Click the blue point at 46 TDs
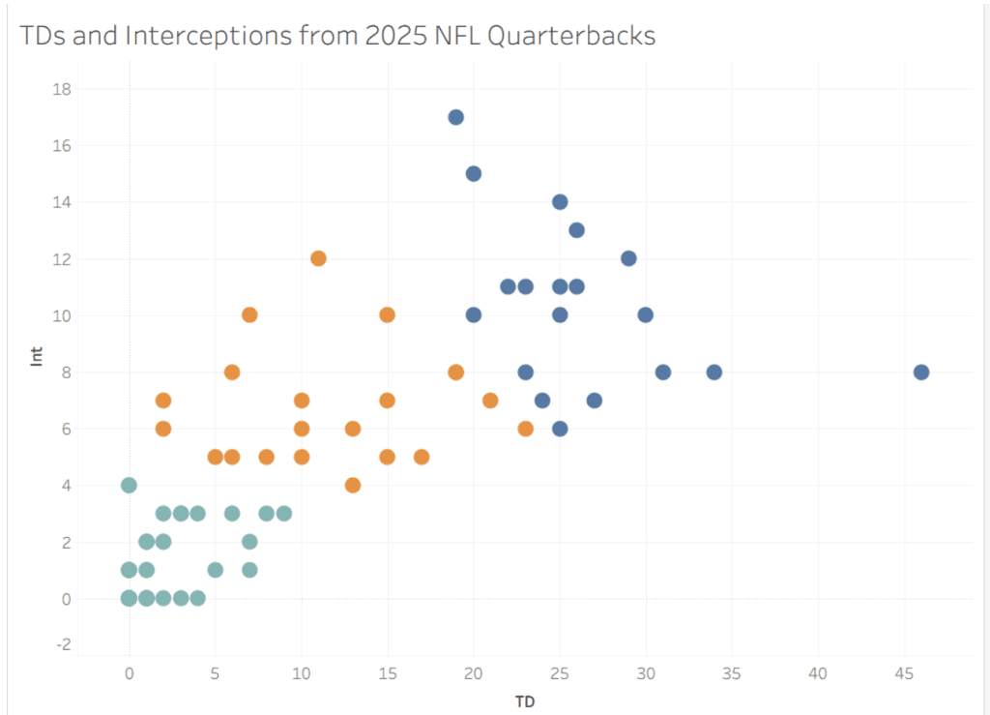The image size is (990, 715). (x=920, y=372)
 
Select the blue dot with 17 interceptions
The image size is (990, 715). (x=455, y=117)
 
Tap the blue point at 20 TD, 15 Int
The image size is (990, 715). (x=473, y=174)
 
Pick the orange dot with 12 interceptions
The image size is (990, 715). (x=318, y=258)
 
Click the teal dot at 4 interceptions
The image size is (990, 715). (x=129, y=486)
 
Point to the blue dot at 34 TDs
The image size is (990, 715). (x=713, y=372)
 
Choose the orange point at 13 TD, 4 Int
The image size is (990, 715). (x=353, y=486)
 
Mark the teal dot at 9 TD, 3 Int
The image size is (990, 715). (x=283, y=514)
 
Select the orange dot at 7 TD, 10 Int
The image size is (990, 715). (x=249, y=315)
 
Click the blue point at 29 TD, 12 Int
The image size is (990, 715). (x=628, y=258)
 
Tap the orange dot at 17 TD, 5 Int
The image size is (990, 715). (x=422, y=457)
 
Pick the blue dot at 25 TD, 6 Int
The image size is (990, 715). (x=559, y=429)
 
